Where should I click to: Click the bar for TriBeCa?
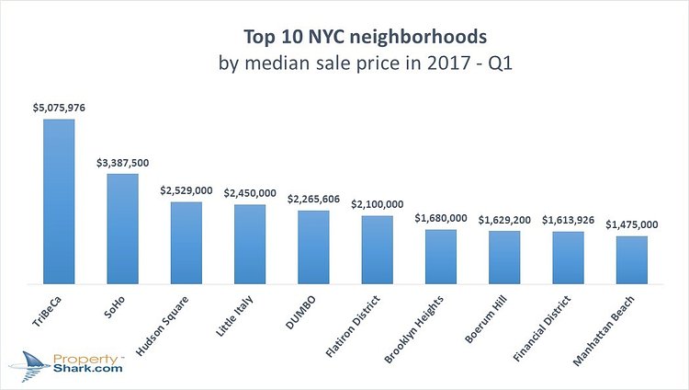click(59, 201)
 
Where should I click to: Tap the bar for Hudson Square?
click(186, 243)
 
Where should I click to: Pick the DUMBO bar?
click(313, 247)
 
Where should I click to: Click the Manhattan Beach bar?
click(631, 260)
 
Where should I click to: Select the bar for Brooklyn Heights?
click(441, 257)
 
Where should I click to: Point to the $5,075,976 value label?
click(59, 109)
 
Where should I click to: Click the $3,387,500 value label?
click(122, 162)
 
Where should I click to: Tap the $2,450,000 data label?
click(250, 193)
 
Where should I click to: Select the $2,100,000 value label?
click(377, 204)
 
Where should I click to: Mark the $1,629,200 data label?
click(504, 220)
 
